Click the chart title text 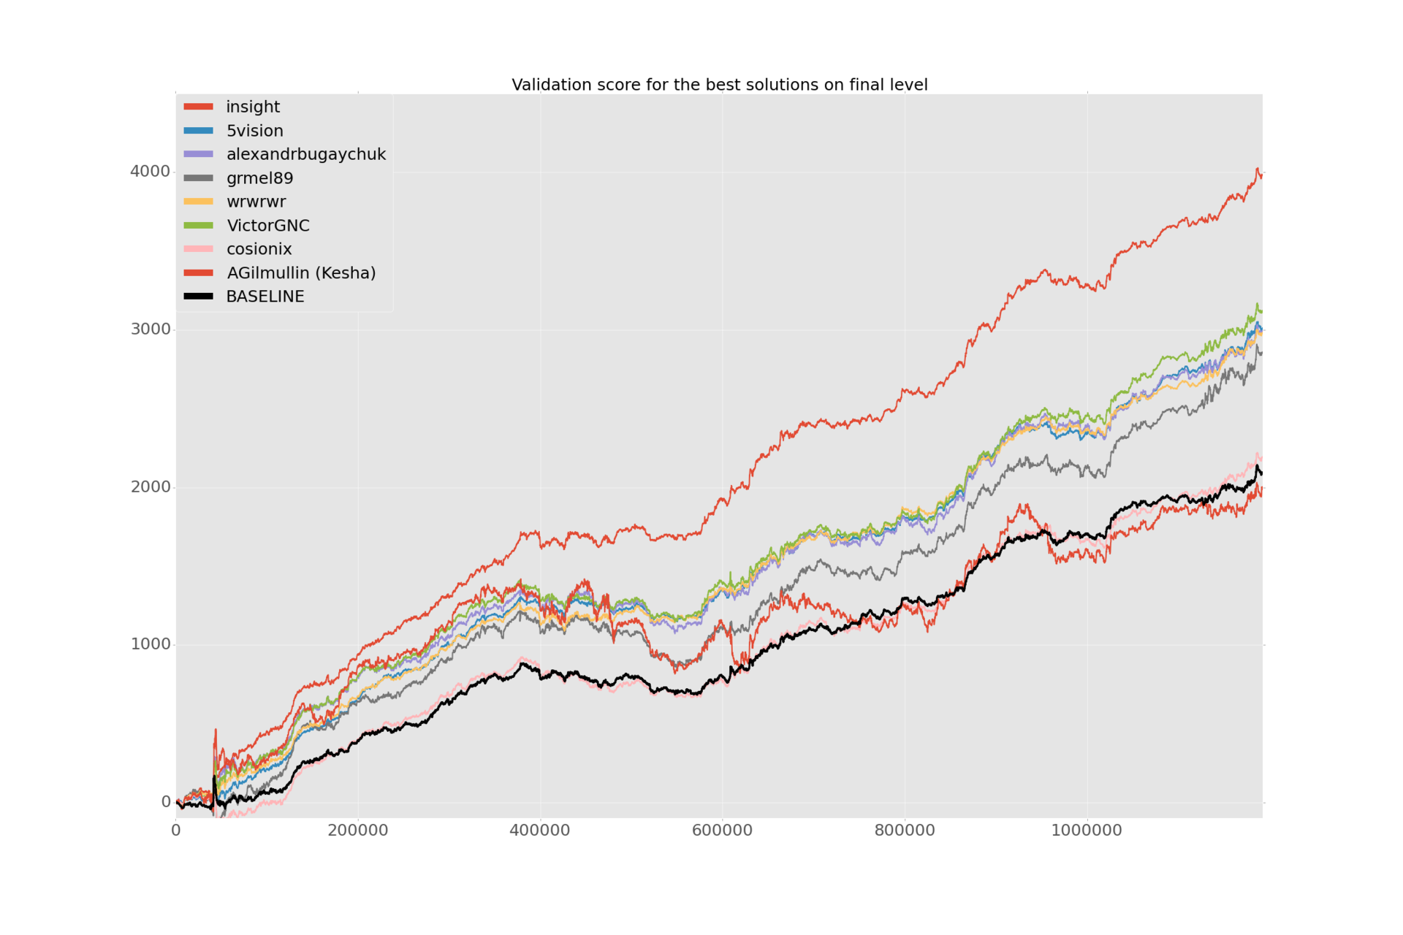click(x=719, y=85)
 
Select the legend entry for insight click(x=253, y=107)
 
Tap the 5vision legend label click(x=254, y=131)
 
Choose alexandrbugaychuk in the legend click(x=305, y=154)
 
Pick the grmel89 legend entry click(x=259, y=178)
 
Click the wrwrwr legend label click(x=256, y=202)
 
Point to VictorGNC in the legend click(x=267, y=226)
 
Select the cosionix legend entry click(x=259, y=249)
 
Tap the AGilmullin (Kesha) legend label click(x=301, y=273)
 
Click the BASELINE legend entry click(x=265, y=297)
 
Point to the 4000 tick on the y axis click(x=150, y=172)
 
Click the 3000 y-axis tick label click(x=150, y=329)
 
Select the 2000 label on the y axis click(x=150, y=487)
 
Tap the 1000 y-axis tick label click(x=150, y=644)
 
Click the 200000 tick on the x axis click(x=358, y=831)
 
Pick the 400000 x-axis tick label click(x=540, y=831)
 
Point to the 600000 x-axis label click(x=722, y=831)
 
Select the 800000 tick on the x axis click(x=905, y=831)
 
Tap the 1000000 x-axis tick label click(x=1087, y=831)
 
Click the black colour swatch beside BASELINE click(x=198, y=297)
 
